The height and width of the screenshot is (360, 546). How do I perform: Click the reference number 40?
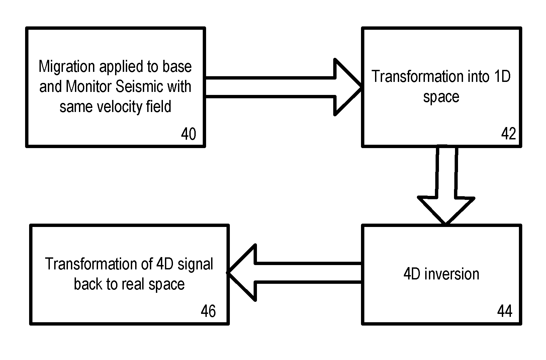tap(188, 134)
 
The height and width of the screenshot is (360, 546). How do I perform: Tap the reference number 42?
tap(509, 134)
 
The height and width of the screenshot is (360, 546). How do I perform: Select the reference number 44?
tap(505, 312)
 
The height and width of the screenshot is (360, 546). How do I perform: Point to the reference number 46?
tap(208, 312)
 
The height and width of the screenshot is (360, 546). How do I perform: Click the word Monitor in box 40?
tap(88, 87)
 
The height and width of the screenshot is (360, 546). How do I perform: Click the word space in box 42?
tap(441, 97)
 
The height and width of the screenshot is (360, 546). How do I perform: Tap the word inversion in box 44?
tap(452, 274)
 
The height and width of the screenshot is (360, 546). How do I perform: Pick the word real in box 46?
tap(133, 284)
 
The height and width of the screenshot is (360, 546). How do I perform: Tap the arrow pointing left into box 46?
tap(294, 273)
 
